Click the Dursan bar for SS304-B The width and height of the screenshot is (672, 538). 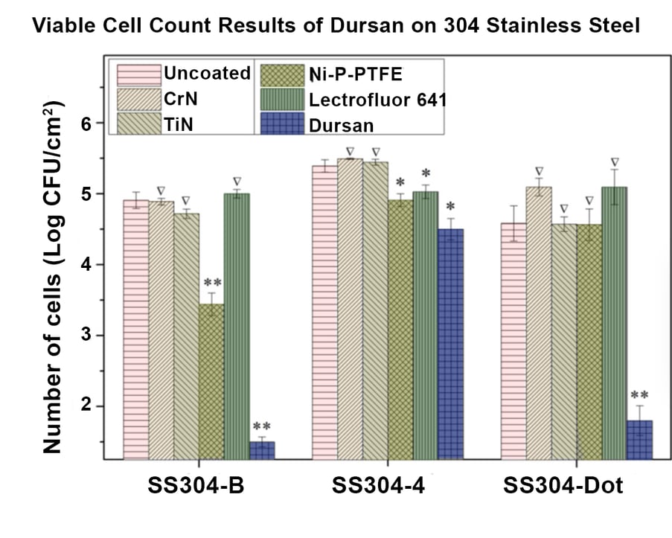click(x=262, y=451)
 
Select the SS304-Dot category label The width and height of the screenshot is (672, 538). click(x=563, y=487)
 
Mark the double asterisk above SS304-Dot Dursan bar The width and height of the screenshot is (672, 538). click(x=639, y=396)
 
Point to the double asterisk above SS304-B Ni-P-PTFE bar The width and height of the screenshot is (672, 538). click(x=211, y=284)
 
